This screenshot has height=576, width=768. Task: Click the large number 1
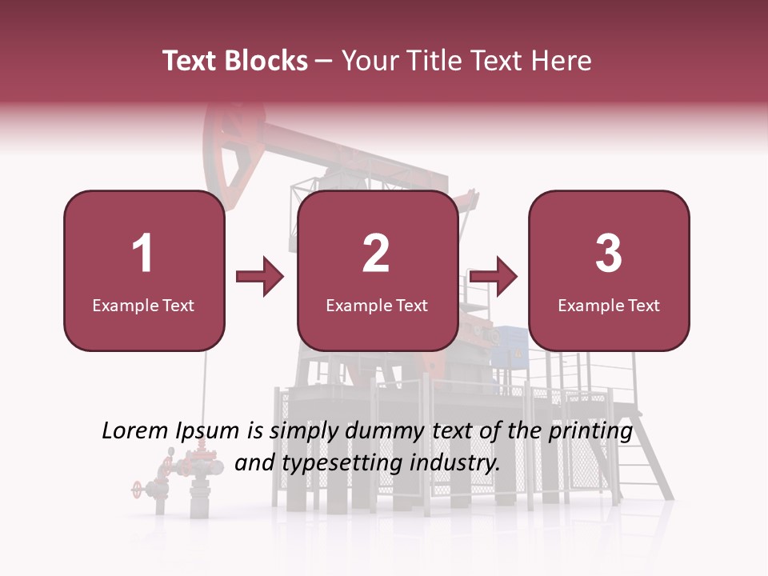point(143,254)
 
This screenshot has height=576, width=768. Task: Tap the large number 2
point(376,254)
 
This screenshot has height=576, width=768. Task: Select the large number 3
point(609,254)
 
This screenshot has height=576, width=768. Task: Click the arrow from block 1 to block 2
point(260,278)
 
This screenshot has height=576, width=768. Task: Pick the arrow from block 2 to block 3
point(494,278)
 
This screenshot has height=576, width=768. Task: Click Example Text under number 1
point(143,305)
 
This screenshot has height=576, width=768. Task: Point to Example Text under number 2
point(377,305)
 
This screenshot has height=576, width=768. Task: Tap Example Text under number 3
point(609,305)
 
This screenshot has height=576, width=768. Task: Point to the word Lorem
point(134,431)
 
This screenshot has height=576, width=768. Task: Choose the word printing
point(590,432)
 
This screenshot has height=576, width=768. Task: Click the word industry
point(454,463)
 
